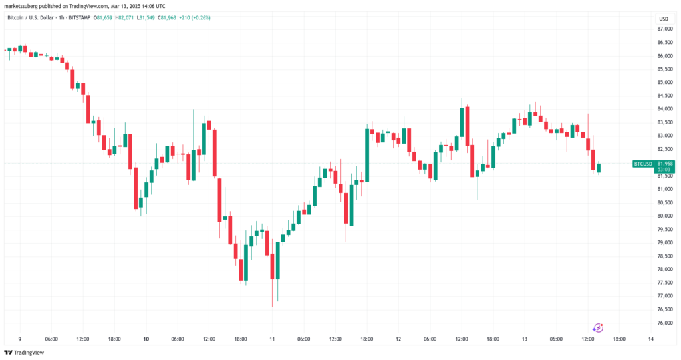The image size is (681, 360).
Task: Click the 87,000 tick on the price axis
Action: pyautogui.click(x=665, y=29)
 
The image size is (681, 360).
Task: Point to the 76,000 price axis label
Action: pyautogui.click(x=665, y=323)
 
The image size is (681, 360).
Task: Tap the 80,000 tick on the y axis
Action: pyautogui.click(x=665, y=216)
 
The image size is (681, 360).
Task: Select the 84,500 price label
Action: pyautogui.click(x=665, y=96)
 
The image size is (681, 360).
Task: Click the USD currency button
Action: pyautogui.click(x=664, y=19)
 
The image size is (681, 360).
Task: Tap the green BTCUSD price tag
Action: pyautogui.click(x=643, y=164)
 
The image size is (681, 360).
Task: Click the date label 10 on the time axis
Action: pyautogui.click(x=146, y=339)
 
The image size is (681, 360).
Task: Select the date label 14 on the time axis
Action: pyautogui.click(x=650, y=339)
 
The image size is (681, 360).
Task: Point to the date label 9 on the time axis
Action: pyautogui.click(x=19, y=339)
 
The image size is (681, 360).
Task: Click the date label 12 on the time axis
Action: pyautogui.click(x=398, y=339)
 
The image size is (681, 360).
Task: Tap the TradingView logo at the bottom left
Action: pyautogui.click(x=24, y=353)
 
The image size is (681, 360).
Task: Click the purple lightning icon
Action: pyautogui.click(x=598, y=328)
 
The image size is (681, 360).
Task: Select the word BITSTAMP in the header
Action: pyautogui.click(x=80, y=18)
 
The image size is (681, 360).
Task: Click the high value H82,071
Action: pyautogui.click(x=124, y=18)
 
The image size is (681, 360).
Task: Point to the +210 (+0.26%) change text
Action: pyautogui.click(x=195, y=18)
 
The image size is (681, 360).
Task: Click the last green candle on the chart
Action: pyautogui.click(x=598, y=168)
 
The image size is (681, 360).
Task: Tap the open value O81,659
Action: pyautogui.click(x=103, y=18)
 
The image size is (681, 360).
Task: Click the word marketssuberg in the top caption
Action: pyautogui.click(x=20, y=6)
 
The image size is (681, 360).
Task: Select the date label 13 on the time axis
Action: pyautogui.click(x=525, y=339)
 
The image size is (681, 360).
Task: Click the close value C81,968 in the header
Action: pyautogui.click(x=167, y=18)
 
